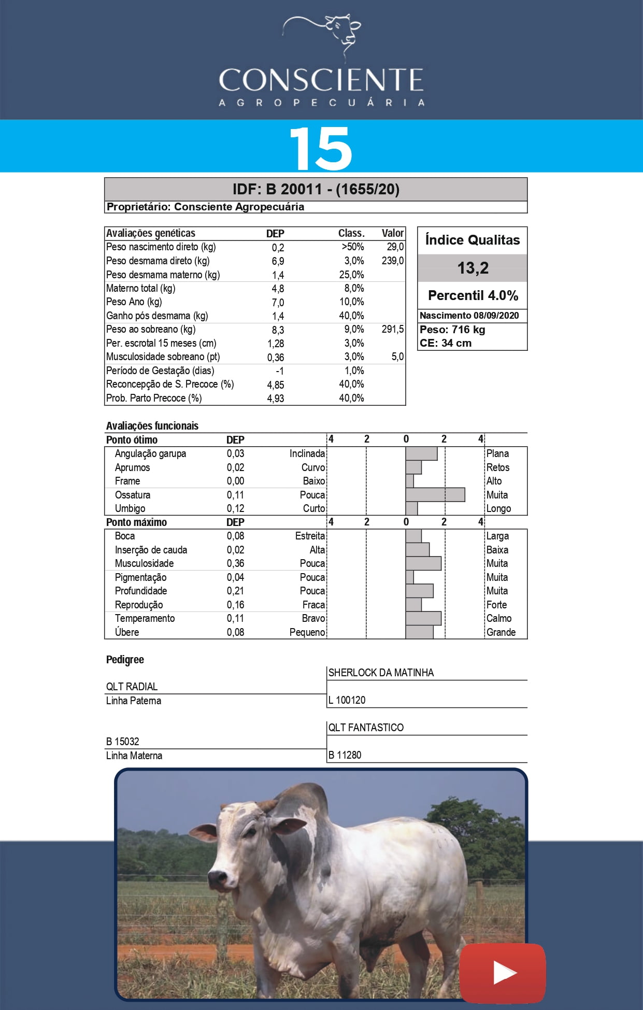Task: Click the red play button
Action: click(x=502, y=973)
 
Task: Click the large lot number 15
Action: click(x=321, y=148)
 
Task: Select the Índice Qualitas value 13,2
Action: click(x=473, y=268)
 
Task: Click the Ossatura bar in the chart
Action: click(x=435, y=495)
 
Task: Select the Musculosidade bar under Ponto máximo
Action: click(x=423, y=563)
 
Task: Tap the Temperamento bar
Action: click(x=423, y=618)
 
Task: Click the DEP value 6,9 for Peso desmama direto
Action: click(x=278, y=261)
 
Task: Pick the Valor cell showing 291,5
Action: click(x=392, y=330)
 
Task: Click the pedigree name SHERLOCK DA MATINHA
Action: click(x=381, y=673)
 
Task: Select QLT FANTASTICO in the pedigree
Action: click(x=366, y=728)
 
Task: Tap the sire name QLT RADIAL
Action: click(x=132, y=687)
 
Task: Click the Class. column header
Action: click(x=351, y=233)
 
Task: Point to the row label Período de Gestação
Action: click(x=160, y=371)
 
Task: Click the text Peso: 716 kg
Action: click(x=452, y=330)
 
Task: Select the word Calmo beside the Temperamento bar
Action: click(x=498, y=618)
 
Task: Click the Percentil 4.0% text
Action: click(x=473, y=295)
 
